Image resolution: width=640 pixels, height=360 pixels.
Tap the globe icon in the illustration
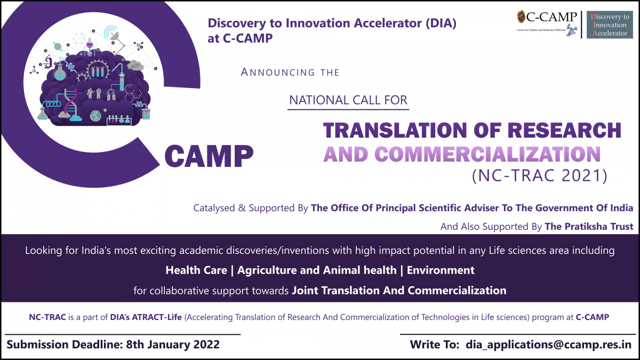95,116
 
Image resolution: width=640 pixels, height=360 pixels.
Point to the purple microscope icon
47,61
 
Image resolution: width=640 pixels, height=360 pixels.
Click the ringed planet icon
58,46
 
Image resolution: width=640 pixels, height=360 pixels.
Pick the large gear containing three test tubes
98,70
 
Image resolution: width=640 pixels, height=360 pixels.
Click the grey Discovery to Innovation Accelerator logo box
610,25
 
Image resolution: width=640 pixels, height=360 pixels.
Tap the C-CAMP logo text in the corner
551,17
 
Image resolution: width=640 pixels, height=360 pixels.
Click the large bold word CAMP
209,156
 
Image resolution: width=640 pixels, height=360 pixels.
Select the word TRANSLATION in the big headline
395,131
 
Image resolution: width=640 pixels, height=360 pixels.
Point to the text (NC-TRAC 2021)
539,175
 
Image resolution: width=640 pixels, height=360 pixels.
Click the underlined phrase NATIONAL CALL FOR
348,100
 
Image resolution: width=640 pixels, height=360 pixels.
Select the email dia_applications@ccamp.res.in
549,345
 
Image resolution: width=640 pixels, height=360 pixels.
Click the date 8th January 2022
173,345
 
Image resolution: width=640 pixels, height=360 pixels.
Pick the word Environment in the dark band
441,270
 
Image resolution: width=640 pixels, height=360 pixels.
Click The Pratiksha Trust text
589,227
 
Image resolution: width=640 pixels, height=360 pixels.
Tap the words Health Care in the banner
196,270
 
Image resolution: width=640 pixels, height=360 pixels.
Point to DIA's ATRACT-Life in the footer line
146,317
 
